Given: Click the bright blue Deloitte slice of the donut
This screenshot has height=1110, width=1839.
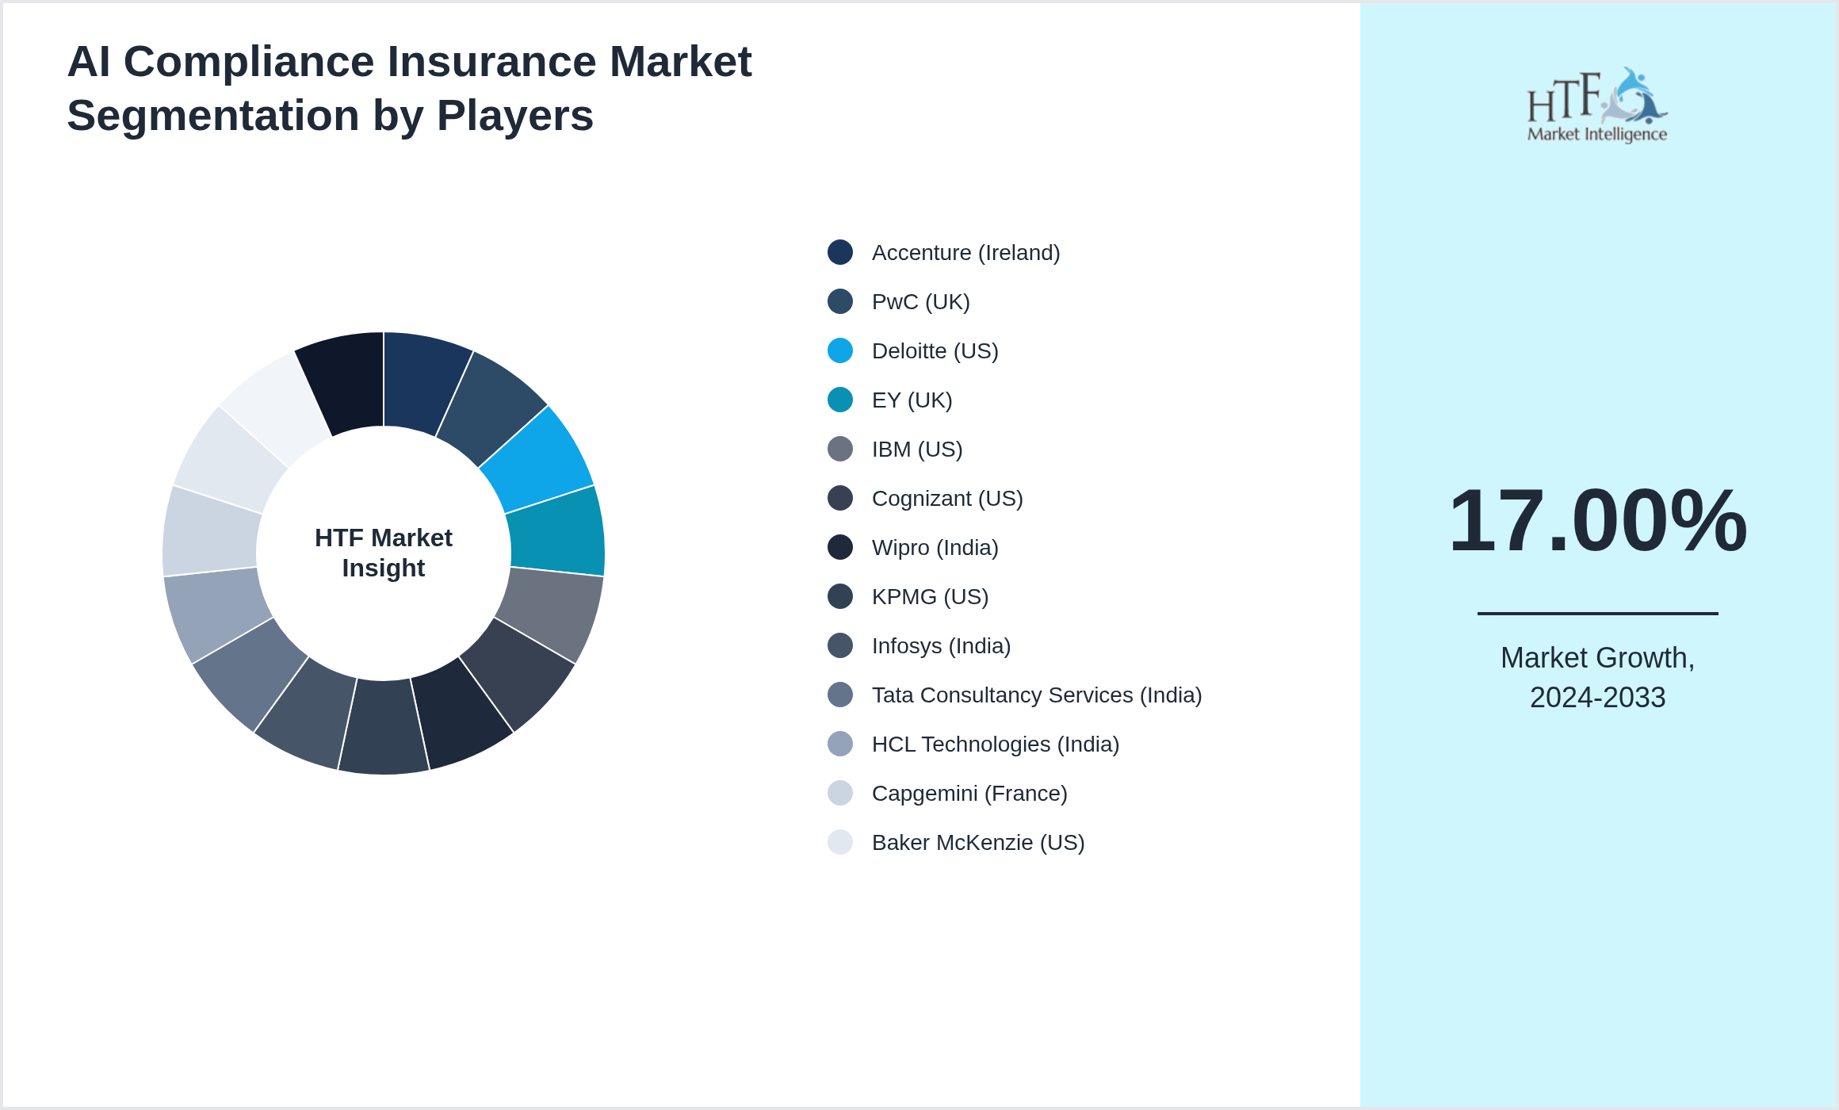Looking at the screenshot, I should click(x=539, y=458).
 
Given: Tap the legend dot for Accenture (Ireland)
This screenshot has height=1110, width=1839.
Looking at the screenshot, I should click(x=840, y=252).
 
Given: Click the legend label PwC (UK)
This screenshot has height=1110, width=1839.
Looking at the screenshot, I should click(x=920, y=302).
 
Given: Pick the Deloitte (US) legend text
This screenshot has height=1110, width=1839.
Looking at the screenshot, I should click(x=935, y=351).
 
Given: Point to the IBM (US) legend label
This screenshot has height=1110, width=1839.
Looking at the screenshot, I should click(x=917, y=450).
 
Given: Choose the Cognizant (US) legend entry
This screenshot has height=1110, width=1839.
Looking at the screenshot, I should click(x=947, y=499).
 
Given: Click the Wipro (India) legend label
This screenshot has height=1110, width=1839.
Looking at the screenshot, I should click(x=935, y=548).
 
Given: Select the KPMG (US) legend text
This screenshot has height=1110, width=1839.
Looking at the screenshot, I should click(x=930, y=597).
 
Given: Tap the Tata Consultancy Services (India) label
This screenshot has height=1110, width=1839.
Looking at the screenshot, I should click(x=1036, y=695).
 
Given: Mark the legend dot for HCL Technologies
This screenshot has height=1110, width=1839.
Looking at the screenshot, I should click(x=840, y=744).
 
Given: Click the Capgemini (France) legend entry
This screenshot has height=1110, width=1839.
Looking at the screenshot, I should click(x=969, y=794).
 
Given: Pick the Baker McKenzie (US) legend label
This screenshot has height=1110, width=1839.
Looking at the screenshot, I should click(x=977, y=843).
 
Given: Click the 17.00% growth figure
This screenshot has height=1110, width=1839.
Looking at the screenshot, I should click(x=1597, y=521).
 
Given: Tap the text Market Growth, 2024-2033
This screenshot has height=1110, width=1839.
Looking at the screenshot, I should click(x=1597, y=678).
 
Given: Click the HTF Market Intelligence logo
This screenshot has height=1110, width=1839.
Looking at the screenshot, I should click(x=1597, y=105).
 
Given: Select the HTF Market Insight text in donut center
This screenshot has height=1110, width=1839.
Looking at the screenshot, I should click(x=384, y=553).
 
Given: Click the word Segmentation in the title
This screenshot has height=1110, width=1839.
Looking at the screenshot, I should click(x=212, y=116).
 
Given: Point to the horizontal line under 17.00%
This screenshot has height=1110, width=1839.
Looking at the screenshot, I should click(x=1597, y=613).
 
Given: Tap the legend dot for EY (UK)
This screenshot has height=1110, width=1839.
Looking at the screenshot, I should click(x=840, y=400).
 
